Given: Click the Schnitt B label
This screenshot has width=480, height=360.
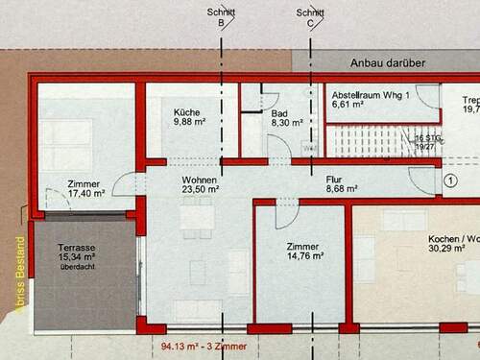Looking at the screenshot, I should tap(223, 17).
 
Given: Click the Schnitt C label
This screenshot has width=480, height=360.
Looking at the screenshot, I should tap(309, 17).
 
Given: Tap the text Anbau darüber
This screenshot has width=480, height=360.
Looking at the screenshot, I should tap(390, 63).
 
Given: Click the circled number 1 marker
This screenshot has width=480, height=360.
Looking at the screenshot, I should tap(451, 180).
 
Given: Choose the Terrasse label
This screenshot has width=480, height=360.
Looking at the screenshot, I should tap(76, 247).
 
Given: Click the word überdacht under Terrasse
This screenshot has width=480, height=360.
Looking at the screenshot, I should tap(77, 268).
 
